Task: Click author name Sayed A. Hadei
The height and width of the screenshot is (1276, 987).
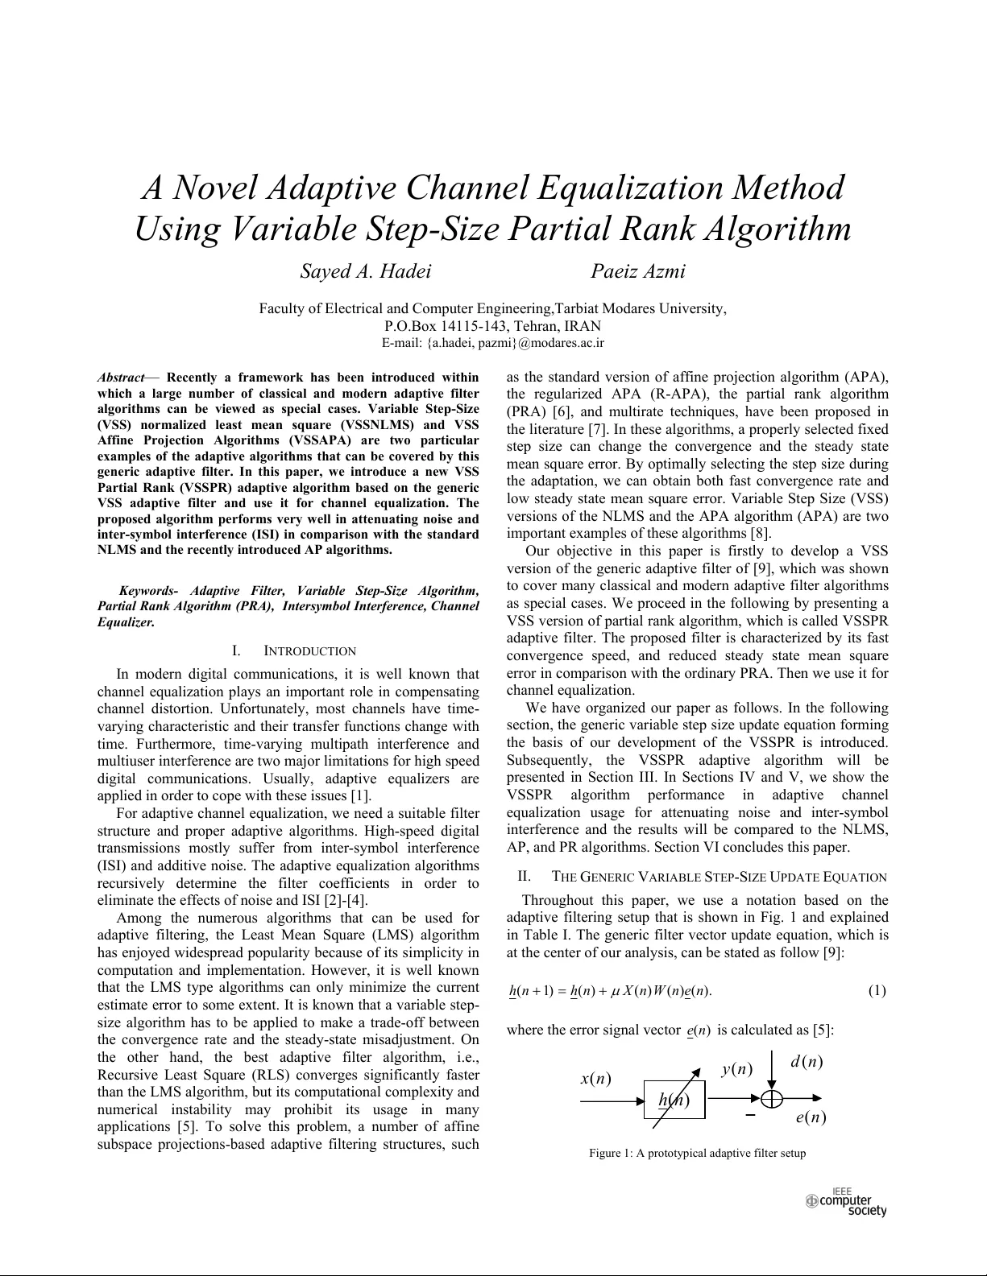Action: click(x=365, y=271)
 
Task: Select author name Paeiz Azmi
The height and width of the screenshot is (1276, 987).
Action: click(x=637, y=271)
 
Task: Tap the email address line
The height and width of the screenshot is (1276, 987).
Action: click(x=493, y=343)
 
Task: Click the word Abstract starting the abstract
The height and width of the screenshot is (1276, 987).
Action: click(x=121, y=377)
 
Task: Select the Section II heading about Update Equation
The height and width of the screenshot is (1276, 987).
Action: click(x=719, y=877)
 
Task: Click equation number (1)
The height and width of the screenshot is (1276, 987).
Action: click(x=877, y=990)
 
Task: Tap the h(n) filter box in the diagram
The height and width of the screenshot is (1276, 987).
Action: click(x=674, y=1100)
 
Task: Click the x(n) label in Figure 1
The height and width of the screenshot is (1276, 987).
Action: click(x=595, y=1079)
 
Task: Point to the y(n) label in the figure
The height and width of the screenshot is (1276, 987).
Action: click(x=736, y=1069)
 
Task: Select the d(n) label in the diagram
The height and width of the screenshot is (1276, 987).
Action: click(x=807, y=1062)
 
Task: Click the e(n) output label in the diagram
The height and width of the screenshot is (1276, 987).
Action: click(x=810, y=1117)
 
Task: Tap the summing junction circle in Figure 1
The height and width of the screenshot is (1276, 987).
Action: click(x=772, y=1097)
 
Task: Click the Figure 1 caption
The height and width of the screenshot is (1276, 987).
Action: click(x=697, y=1153)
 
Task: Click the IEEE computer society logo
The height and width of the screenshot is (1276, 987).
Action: click(x=847, y=1202)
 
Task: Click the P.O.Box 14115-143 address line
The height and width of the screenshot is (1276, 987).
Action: click(x=492, y=326)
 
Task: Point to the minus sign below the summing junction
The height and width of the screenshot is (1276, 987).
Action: click(x=750, y=1115)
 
